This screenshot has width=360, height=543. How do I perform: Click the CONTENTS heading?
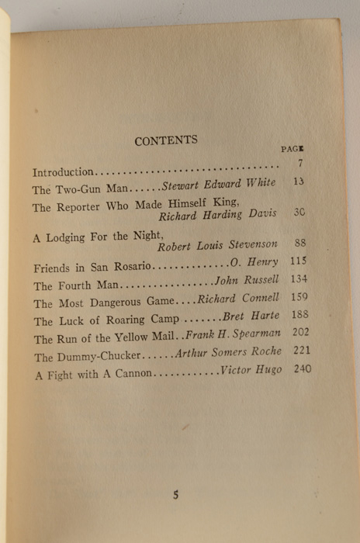[x=166, y=140]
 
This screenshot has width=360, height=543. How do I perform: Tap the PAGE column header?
[x=292, y=148]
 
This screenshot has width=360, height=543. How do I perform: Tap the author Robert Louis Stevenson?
[x=217, y=246]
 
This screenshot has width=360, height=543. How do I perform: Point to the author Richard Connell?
[x=237, y=298]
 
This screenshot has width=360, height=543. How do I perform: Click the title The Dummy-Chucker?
[x=87, y=358]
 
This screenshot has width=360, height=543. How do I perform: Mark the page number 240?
[x=301, y=369]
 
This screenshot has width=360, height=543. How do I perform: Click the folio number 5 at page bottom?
[x=175, y=494]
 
